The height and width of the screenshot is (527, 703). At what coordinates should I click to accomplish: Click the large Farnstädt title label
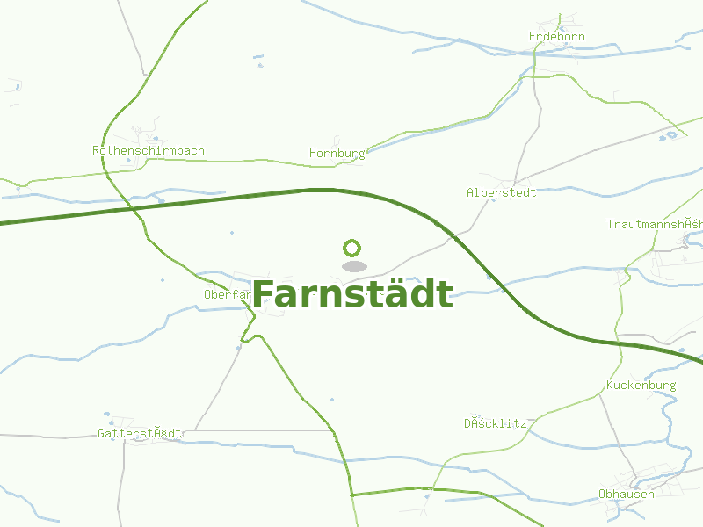click(352, 295)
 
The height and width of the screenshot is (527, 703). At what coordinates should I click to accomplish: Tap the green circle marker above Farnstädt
click(353, 249)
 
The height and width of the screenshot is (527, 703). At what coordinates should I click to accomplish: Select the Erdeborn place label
click(556, 37)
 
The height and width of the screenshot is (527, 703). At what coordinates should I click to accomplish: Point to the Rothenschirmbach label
click(149, 151)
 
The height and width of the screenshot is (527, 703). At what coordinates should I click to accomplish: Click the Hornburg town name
click(337, 154)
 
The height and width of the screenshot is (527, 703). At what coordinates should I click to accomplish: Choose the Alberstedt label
click(501, 192)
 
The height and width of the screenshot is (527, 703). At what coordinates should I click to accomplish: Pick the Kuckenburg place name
click(641, 386)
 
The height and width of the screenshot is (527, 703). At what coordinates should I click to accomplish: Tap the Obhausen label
click(626, 494)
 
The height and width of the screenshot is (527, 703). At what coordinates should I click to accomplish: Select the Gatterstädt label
click(140, 433)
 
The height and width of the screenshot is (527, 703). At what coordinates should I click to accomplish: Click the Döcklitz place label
click(496, 423)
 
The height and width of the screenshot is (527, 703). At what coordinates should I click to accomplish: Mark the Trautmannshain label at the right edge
click(655, 225)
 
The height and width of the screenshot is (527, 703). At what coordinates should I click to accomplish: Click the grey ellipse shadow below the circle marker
click(354, 266)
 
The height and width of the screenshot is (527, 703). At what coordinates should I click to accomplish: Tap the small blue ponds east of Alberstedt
click(672, 135)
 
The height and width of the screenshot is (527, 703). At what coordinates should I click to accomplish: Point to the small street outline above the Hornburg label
click(337, 141)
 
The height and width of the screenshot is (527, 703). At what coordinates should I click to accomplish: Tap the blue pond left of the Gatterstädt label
click(106, 415)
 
